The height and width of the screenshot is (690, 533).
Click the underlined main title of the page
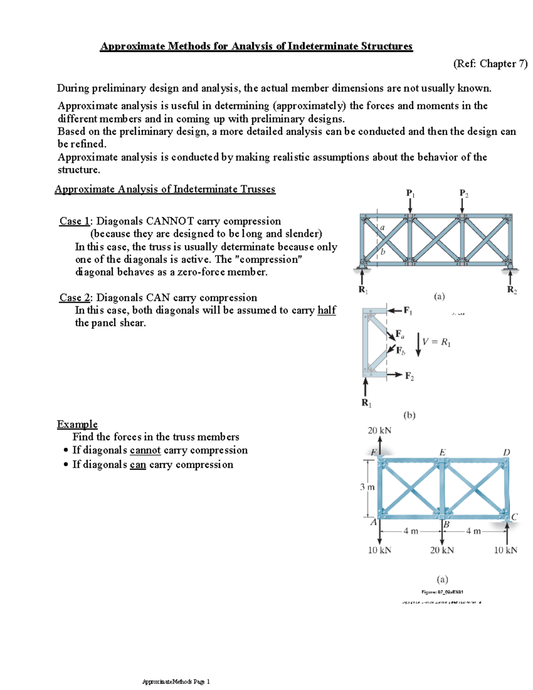pos(256,46)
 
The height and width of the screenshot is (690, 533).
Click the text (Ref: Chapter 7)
pos(490,64)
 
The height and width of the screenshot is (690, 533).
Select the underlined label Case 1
pos(74,221)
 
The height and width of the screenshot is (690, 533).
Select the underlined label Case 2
pos(74,298)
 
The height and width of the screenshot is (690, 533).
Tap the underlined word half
pos(326,310)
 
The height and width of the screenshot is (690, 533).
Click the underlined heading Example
pos(77,424)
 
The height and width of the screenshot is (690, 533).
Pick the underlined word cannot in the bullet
pos(145,450)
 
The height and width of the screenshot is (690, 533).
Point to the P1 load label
pos(410,193)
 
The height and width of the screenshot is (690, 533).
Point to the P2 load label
pos(463,193)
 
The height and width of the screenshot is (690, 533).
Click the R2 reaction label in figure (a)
pos(512,290)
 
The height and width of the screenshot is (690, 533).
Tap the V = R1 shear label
pos(436,342)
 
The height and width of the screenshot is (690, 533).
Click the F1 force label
pos(407,311)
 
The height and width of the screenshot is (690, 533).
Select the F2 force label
pos(409,376)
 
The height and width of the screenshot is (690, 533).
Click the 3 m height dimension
pos(367,487)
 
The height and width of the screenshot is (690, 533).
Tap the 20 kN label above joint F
pos(379,431)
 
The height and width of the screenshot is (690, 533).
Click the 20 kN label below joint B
pos(442,550)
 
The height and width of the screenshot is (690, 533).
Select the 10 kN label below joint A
pos(379,550)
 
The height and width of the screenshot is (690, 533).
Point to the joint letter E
pos(442,452)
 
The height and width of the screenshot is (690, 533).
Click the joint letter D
pos(506,452)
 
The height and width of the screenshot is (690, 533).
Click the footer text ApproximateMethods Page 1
pos(176,682)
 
